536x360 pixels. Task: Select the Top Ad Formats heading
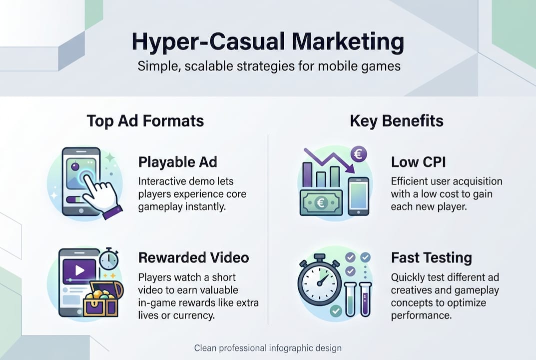pos(145,121)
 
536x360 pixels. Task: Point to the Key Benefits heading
pos(397,121)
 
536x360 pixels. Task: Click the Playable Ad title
pos(177,162)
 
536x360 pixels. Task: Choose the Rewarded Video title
pos(194,257)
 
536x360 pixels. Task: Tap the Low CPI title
pos(419,162)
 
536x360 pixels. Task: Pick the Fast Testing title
pos(432,258)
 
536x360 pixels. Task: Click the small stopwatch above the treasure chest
pos(108,259)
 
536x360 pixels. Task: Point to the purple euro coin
pos(357,154)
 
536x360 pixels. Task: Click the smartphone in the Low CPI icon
pos(358,196)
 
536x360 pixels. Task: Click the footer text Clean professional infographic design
pos(268,348)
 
